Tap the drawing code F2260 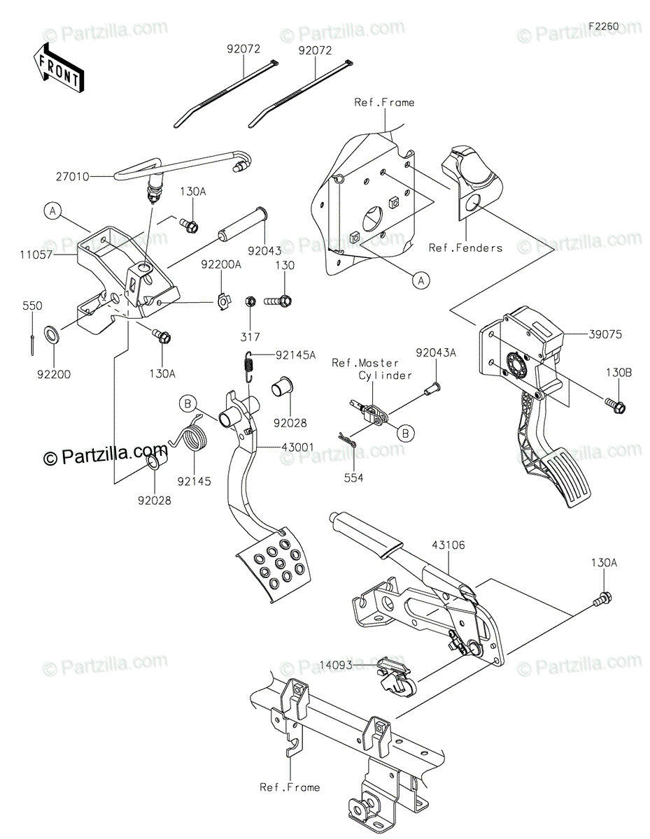point(604,27)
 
